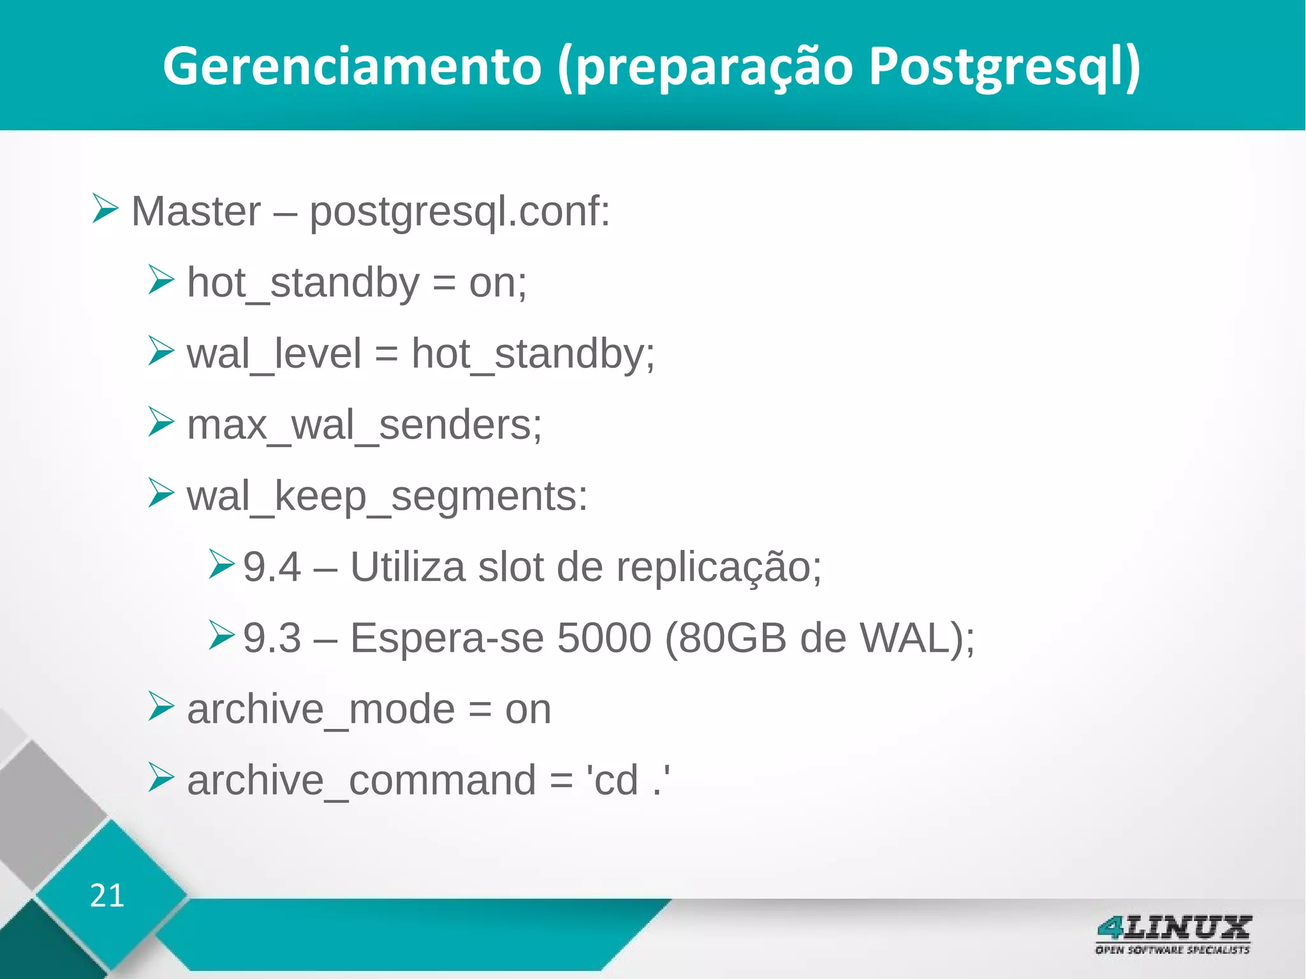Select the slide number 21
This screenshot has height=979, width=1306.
106,895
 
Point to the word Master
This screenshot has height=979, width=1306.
196,211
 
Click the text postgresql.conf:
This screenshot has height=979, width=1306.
460,212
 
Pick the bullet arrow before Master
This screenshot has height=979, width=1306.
105,209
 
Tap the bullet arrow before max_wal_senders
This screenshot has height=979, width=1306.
161,422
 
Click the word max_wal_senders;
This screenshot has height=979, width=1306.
364,425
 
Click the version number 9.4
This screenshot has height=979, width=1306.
272,567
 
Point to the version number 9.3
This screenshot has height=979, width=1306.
272,638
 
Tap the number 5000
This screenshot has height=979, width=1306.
604,638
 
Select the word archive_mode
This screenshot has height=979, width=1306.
321,710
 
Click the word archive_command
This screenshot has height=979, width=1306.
362,781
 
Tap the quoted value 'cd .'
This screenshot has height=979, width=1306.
627,779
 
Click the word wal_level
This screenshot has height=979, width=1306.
274,355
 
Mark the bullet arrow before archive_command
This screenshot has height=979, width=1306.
161,777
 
